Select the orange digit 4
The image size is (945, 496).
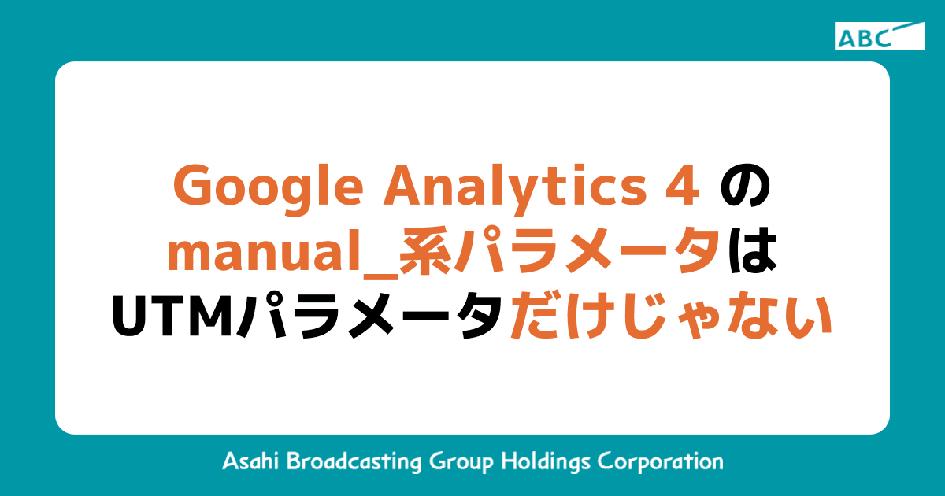(684, 187)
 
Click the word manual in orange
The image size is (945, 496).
(267, 254)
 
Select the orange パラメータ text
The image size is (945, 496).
(586, 254)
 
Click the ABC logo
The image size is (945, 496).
(879, 36)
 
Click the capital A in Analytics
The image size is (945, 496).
(406, 187)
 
